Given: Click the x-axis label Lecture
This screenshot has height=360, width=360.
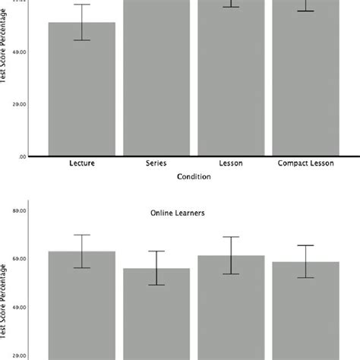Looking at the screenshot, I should point(81,163).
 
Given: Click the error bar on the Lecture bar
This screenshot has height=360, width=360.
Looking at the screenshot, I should point(82,22).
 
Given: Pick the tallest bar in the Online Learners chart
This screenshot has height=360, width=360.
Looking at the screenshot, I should point(82,304).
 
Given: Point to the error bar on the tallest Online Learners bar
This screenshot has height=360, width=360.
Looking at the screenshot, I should point(82,251).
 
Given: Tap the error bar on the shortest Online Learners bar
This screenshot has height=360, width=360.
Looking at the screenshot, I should point(156,268).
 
